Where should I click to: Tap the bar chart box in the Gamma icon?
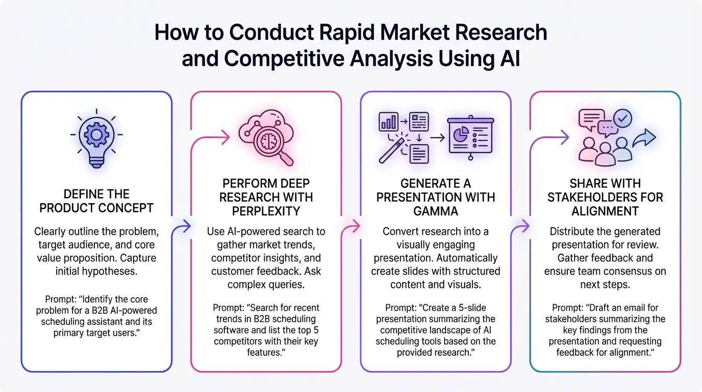[388, 121]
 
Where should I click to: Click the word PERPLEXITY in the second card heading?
[265, 211]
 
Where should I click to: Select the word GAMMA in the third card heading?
[435, 211]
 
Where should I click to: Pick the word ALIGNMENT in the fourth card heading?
[605, 211]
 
